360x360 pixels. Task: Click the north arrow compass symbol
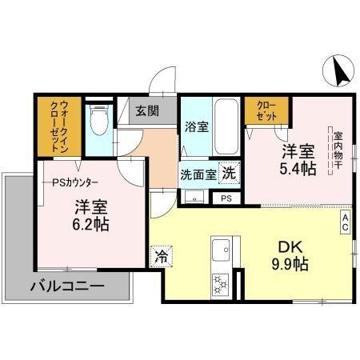tap(338, 72)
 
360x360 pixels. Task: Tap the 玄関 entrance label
tap(146, 111)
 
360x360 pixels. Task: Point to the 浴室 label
tap(195, 126)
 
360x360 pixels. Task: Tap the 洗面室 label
tap(197, 173)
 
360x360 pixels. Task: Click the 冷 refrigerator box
tap(160, 256)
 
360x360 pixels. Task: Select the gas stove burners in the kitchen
tap(220, 283)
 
